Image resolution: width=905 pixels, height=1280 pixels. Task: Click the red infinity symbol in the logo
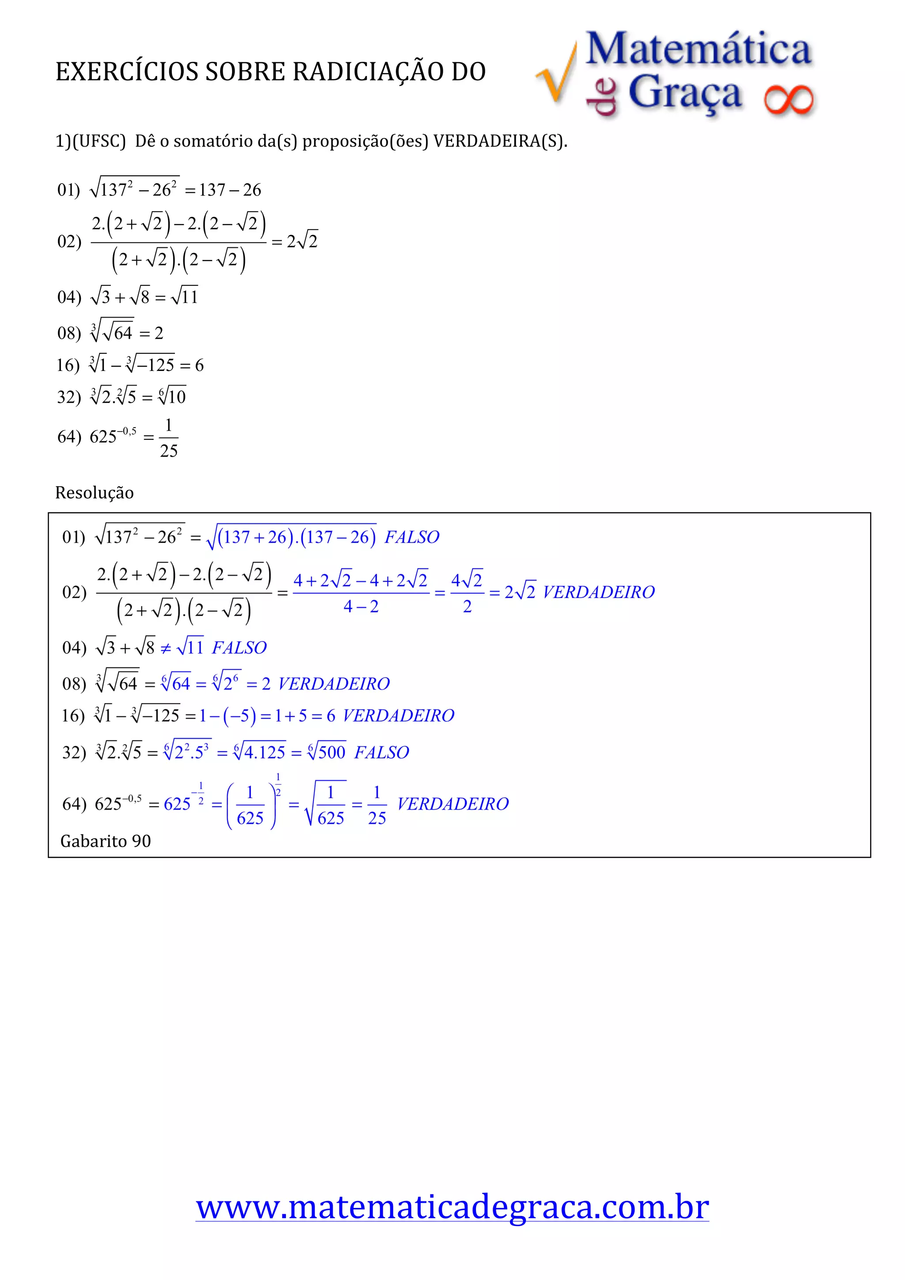(x=788, y=100)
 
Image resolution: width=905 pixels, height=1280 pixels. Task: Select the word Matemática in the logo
(x=698, y=49)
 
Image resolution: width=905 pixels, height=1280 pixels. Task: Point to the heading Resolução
(x=94, y=493)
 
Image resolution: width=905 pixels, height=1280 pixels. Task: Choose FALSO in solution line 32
(x=381, y=753)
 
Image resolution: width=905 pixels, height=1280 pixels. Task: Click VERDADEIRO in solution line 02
(x=598, y=592)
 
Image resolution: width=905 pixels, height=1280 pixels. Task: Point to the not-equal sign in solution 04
(x=166, y=648)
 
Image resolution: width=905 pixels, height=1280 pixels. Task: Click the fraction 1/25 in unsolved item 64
(x=168, y=438)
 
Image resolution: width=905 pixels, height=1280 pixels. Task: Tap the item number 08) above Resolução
(x=69, y=333)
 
